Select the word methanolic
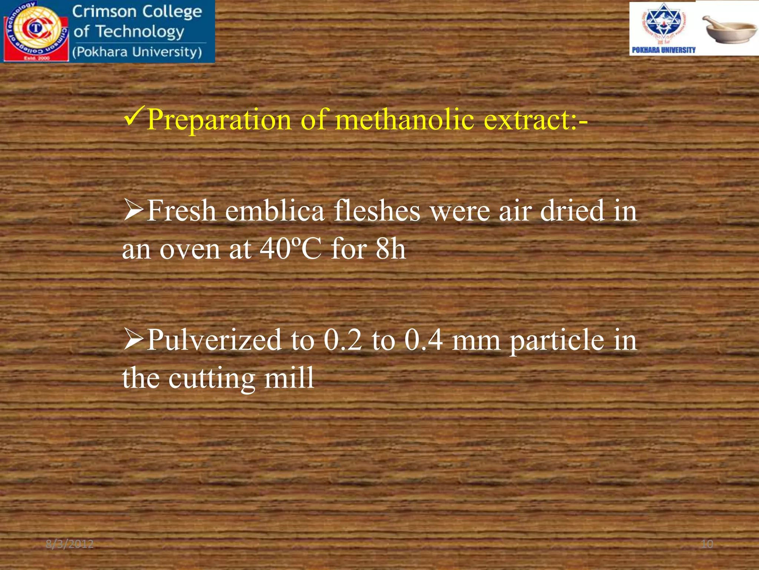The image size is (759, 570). (404, 119)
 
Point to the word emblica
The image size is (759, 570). (275, 211)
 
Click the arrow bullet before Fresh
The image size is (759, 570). (133, 210)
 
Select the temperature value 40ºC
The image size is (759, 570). (290, 249)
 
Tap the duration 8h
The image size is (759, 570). (390, 249)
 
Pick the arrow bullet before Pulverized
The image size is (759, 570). (133, 339)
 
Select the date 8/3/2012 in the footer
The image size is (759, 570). (70, 544)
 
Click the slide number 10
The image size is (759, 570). (707, 544)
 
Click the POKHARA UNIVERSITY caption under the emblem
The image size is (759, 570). (663, 50)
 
